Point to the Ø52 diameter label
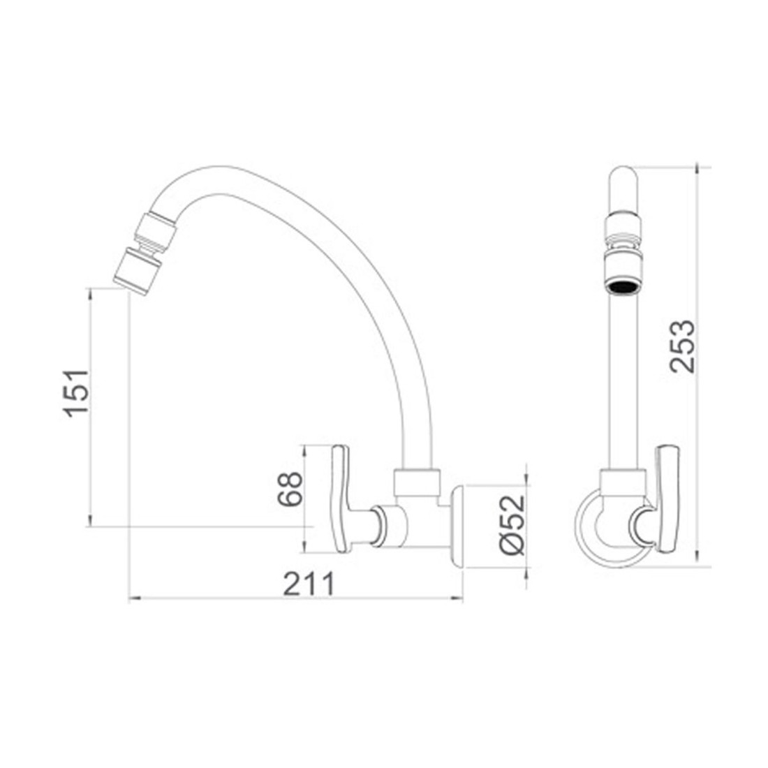[512, 524]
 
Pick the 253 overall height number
[681, 346]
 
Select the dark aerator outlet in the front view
[621, 286]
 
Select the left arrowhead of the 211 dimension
[133, 598]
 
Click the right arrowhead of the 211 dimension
[459, 598]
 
